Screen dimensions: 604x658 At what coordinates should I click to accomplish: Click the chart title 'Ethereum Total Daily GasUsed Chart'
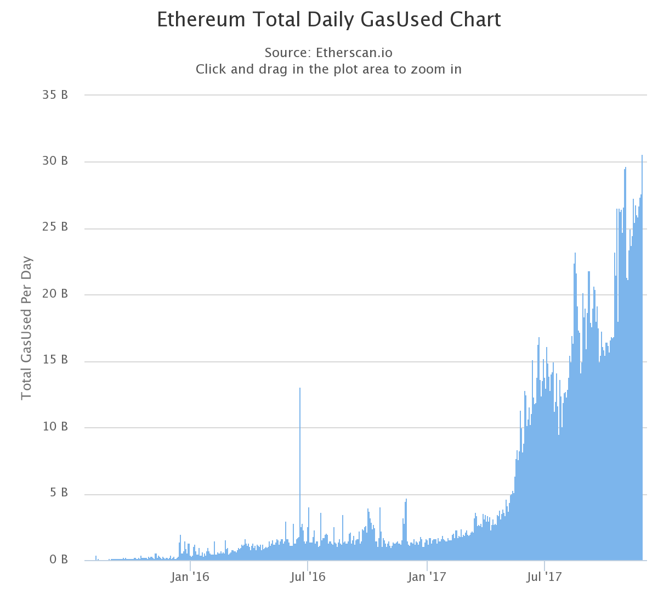328,20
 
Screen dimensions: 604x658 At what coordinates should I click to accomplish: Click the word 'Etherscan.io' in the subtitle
354,53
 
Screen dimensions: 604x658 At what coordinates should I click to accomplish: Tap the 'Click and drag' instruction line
328,69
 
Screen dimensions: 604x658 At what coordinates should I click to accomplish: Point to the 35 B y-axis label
55,95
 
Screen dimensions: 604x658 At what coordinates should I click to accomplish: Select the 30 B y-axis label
55,161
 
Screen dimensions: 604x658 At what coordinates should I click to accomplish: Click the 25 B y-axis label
55,227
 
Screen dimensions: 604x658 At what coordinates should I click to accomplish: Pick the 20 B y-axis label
55,294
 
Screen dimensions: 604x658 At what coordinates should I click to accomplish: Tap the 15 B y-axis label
55,360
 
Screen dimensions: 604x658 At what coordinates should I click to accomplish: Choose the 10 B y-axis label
55,427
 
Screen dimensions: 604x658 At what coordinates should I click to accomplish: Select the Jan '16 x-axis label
190,577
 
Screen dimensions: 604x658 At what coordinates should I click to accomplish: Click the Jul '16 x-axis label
308,577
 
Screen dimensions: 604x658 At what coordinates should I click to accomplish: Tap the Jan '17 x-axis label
427,577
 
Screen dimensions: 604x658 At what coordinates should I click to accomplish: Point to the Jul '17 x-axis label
545,577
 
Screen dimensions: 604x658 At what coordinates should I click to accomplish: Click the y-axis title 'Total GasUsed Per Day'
26,328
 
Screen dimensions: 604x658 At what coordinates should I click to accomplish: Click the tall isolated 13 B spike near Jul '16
300,439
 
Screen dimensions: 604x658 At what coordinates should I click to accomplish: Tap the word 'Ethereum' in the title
201,20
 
